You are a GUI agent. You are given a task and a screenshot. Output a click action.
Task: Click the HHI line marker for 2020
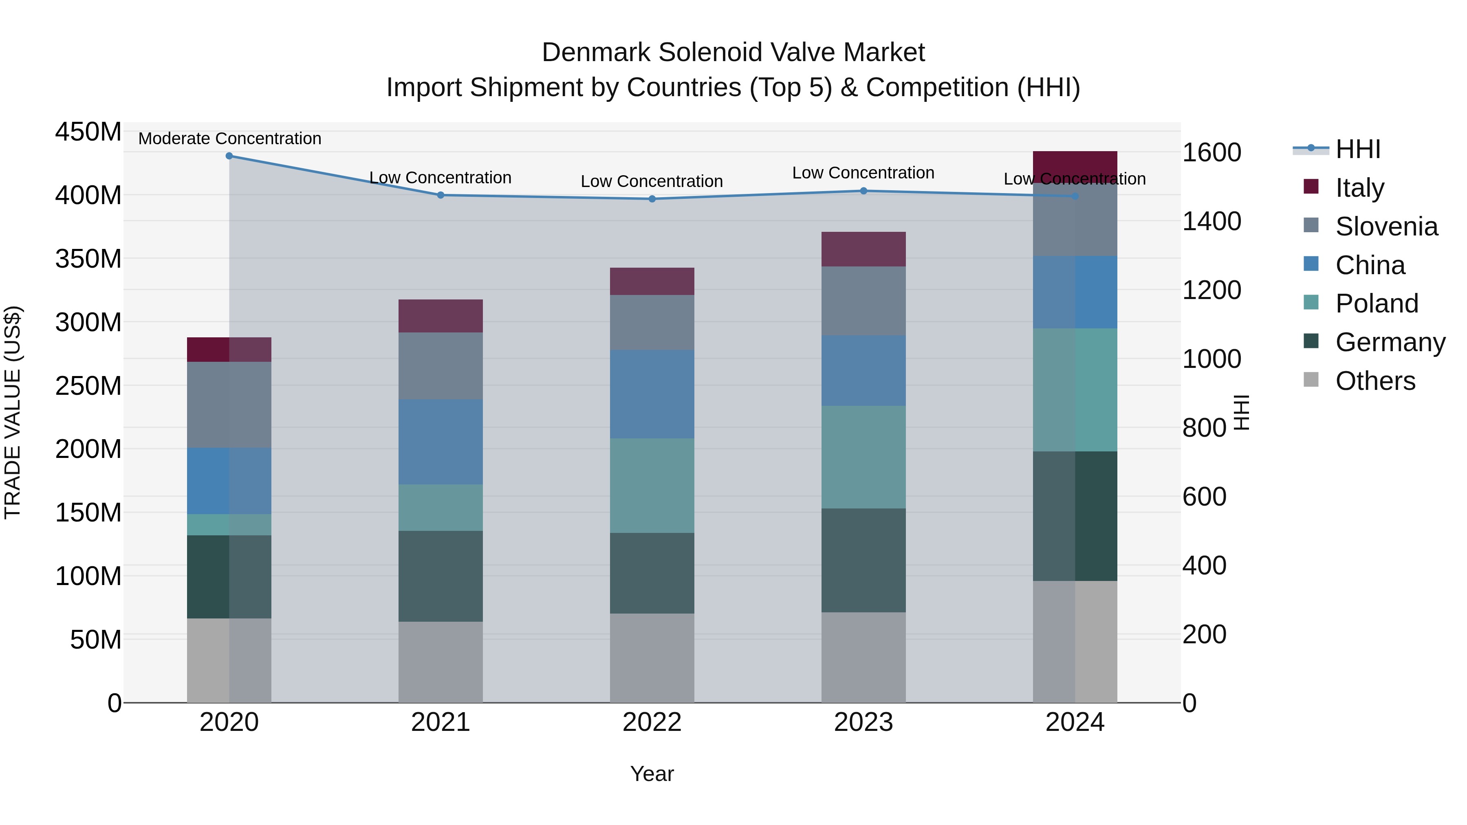229,156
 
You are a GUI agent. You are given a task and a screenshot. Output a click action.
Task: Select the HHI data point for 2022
652,199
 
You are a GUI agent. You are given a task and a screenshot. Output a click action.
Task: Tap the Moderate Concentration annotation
229,139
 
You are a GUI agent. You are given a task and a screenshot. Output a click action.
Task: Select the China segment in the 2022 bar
652,394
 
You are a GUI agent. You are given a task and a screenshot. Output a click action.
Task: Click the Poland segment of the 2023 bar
863,457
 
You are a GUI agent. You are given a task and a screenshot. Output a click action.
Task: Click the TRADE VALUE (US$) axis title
13,412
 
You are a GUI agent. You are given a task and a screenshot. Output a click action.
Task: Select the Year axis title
652,774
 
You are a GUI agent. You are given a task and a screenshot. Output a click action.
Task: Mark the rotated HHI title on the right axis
1242,412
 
